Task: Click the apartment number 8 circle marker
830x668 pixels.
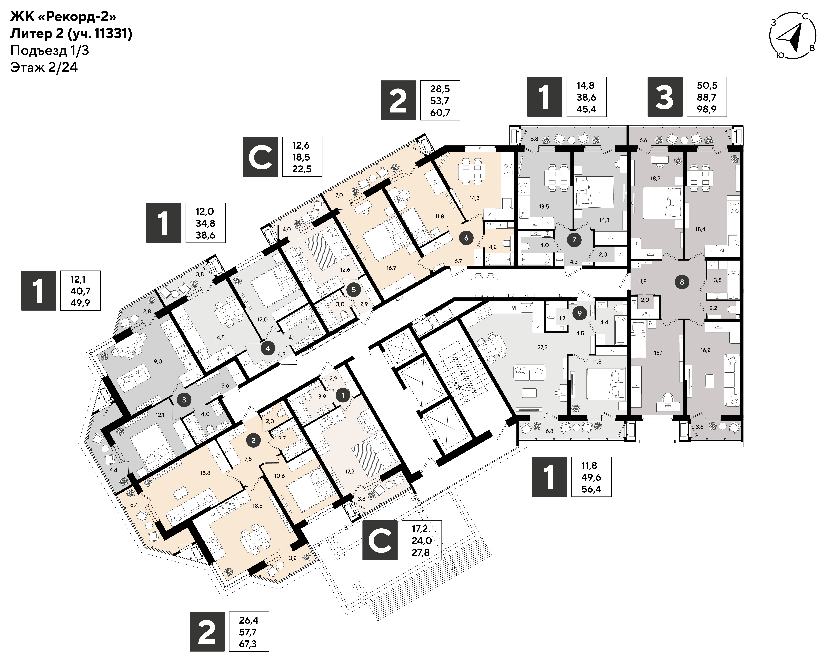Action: (682, 282)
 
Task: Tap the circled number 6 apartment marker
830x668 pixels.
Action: (466, 238)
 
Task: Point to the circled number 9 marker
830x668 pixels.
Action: (580, 313)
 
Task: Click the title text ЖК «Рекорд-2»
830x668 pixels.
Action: (63, 17)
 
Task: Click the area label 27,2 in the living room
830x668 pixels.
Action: (542, 347)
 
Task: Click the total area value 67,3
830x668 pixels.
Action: (248, 644)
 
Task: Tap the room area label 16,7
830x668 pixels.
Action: (391, 268)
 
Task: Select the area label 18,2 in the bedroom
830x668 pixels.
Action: (655, 178)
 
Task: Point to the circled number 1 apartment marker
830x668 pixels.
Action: (343, 395)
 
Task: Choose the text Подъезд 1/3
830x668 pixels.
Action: (50, 50)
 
